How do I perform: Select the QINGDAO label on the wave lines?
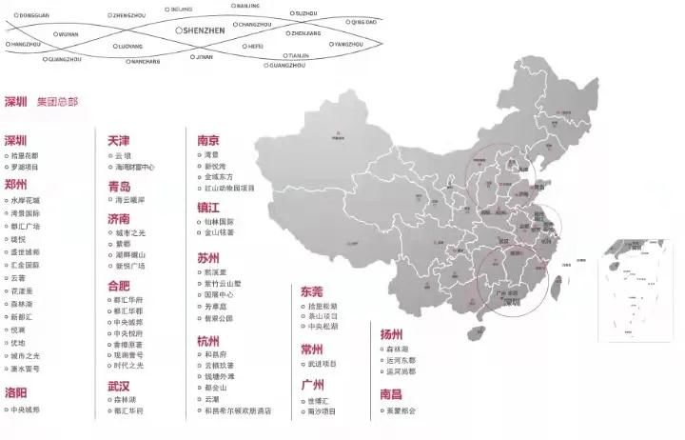[363, 21]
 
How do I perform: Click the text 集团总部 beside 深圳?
[57, 101]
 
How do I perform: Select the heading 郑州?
[16, 185]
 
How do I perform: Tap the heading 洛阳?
[16, 392]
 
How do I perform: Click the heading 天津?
[119, 140]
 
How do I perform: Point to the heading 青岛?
[119, 187]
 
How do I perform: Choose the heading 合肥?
[119, 285]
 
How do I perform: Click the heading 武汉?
[119, 387]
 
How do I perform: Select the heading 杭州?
[208, 341]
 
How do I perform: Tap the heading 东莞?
[312, 291]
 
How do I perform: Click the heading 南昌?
[391, 393]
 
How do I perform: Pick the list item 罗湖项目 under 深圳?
[27, 168]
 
